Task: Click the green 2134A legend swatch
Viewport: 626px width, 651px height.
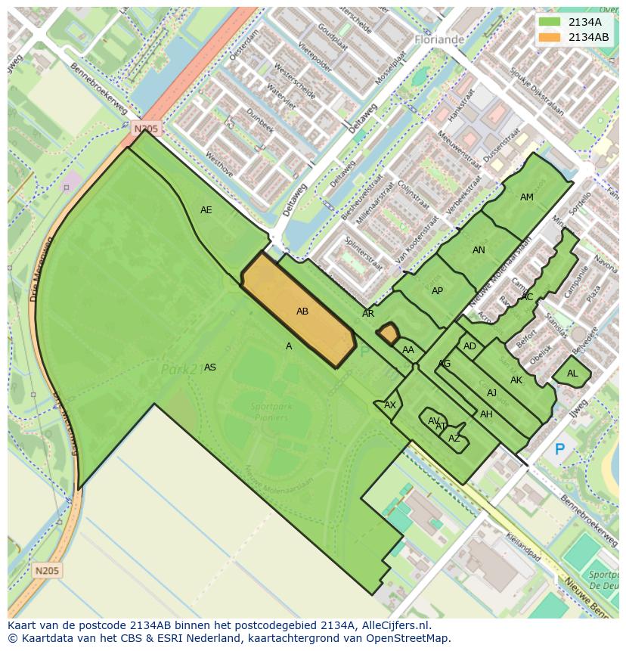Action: tap(550, 22)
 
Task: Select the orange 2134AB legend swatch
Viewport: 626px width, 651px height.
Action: tap(550, 37)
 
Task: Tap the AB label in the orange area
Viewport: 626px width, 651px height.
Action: tap(302, 312)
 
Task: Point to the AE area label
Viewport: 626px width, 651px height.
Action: tap(206, 210)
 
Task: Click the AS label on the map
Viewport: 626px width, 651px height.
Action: tap(210, 367)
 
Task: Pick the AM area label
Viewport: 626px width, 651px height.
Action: tap(527, 197)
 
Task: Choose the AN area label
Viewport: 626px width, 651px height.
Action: tap(479, 250)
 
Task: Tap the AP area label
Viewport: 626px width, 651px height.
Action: tap(437, 291)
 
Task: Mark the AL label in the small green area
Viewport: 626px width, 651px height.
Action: tap(572, 374)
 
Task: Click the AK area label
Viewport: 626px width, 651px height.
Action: tap(516, 380)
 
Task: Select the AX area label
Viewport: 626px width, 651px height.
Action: tap(390, 405)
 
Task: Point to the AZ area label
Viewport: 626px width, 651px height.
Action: tap(454, 439)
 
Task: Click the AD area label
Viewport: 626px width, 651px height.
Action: tap(469, 346)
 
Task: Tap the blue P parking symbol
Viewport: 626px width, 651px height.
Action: tap(559, 450)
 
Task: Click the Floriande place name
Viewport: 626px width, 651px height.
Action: tap(439, 39)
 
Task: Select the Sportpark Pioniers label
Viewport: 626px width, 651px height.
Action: tap(271, 412)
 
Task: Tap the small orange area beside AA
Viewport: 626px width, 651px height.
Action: tap(389, 333)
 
